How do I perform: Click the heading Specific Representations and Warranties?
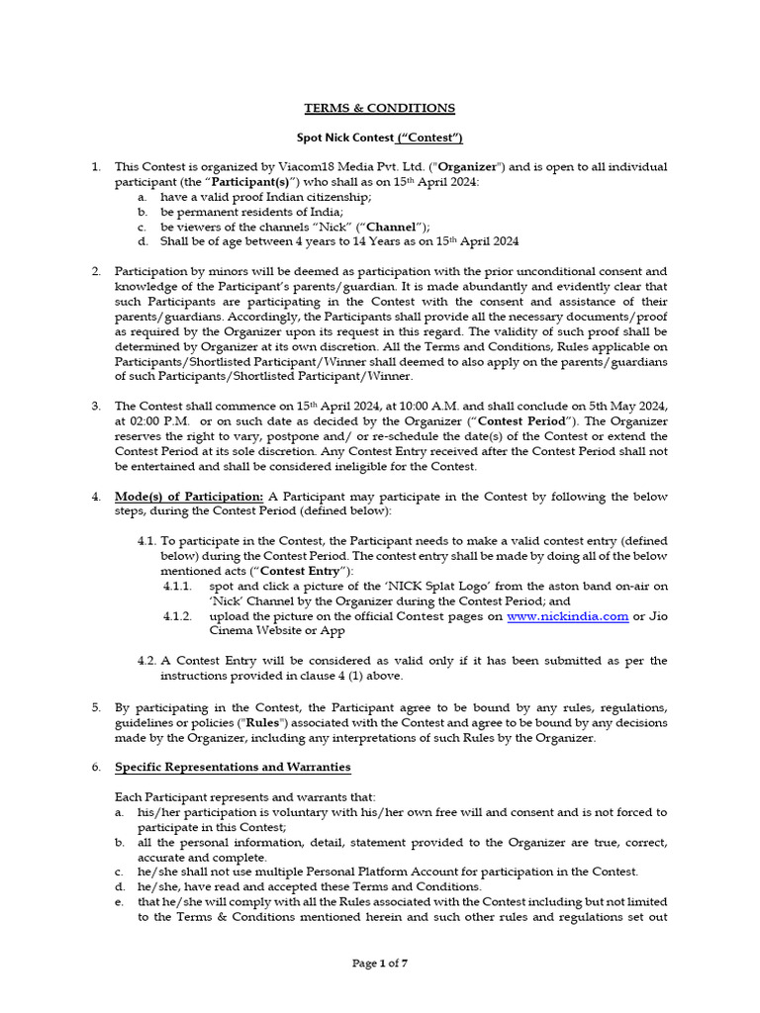(x=233, y=767)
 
